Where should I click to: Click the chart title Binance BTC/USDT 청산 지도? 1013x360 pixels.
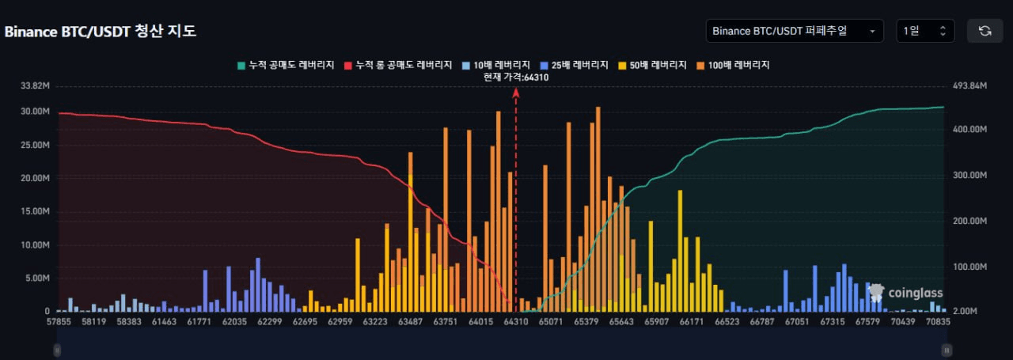(101, 31)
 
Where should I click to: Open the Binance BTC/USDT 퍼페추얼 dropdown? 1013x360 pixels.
(795, 31)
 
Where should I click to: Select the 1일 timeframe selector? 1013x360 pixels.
(925, 31)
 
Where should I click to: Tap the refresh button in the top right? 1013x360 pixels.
(985, 31)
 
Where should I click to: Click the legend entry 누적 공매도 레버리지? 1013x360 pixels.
(286, 65)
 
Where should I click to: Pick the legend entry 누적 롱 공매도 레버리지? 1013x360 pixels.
(398, 65)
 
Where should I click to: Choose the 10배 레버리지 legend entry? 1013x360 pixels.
(495, 65)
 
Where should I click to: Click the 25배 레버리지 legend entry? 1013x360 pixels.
(574, 65)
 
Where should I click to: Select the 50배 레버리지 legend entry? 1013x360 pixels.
(652, 65)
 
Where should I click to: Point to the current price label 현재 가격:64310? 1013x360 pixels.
(516, 78)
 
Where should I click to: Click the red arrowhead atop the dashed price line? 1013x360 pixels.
(516, 93)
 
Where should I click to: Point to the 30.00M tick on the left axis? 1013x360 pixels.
(35, 112)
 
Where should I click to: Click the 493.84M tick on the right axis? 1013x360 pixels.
(970, 85)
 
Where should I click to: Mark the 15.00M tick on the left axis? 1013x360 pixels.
(35, 211)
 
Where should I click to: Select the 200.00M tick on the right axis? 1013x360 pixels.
(970, 221)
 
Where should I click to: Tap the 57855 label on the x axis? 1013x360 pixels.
(59, 321)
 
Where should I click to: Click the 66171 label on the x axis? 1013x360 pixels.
(692, 321)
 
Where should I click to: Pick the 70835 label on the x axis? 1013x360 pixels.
(938, 321)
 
